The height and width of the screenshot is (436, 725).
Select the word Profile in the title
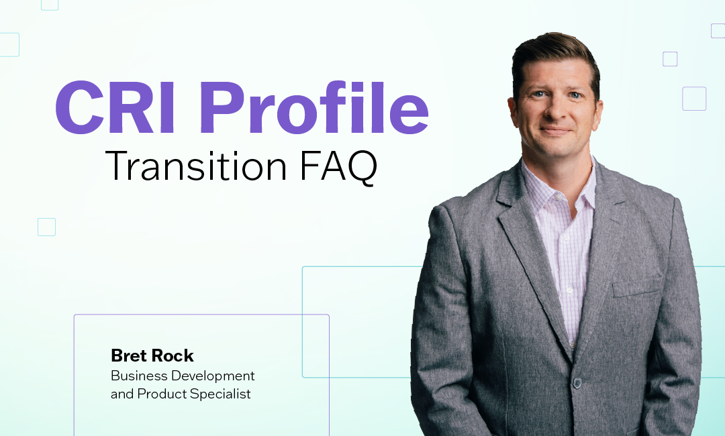[x=313, y=109]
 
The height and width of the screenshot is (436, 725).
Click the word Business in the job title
[x=138, y=376]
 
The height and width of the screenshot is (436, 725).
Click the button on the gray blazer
[x=576, y=383]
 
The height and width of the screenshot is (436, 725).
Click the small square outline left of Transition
[x=46, y=227]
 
